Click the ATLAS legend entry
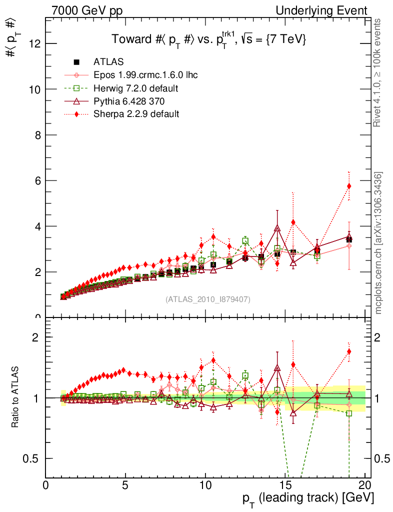point(108,62)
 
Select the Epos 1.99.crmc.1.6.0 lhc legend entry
point(145,75)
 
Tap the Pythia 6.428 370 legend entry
point(129,101)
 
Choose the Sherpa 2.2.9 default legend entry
point(136,114)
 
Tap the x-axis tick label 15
point(285,485)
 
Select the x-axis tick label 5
point(125,485)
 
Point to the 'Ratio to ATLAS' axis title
point(15,397)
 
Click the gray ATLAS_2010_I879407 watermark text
point(208,299)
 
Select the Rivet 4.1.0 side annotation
point(378,73)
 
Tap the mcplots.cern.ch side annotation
point(378,242)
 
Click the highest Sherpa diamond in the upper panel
point(349,186)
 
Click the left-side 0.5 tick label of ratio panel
point(33,458)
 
